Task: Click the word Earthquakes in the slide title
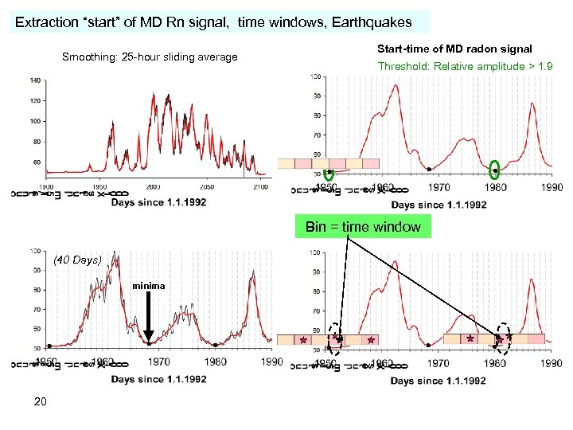(x=371, y=22)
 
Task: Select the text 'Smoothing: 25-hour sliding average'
(x=150, y=57)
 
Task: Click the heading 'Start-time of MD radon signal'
(x=454, y=49)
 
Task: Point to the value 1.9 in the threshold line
(x=545, y=66)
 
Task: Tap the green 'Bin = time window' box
(x=363, y=227)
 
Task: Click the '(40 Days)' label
(x=77, y=260)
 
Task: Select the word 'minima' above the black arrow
(x=150, y=286)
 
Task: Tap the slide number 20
(x=41, y=401)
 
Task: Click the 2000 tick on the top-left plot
(x=153, y=186)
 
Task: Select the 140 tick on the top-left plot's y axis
(x=35, y=81)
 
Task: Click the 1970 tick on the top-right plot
(x=439, y=188)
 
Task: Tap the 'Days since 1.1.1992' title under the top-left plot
(x=158, y=202)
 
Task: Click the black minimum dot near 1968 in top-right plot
(x=429, y=170)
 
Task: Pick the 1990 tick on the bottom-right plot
(x=551, y=363)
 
